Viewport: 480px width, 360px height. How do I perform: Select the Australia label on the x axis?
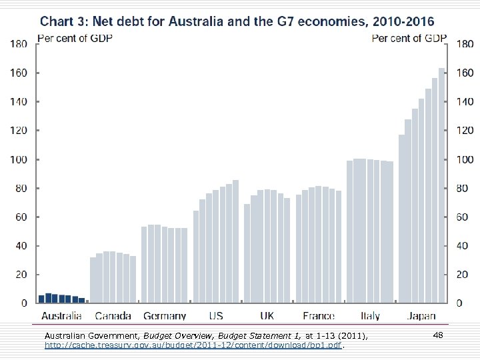click(62, 315)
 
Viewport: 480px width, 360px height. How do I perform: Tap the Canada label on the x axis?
click(113, 315)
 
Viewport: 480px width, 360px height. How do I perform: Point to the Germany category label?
click(164, 316)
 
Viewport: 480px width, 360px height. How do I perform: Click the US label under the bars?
click(216, 315)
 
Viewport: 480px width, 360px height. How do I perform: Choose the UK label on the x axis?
click(267, 315)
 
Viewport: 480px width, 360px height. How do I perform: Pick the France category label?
click(318, 315)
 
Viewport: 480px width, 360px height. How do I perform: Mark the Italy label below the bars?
click(370, 315)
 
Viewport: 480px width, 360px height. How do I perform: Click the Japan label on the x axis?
click(421, 315)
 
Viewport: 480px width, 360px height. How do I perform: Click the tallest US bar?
click(235, 241)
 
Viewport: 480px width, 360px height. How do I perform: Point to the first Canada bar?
click(93, 280)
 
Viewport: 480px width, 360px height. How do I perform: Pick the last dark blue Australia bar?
click(82, 300)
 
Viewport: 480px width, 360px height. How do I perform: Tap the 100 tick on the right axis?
click(465, 160)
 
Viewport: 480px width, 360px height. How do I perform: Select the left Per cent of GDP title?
click(74, 38)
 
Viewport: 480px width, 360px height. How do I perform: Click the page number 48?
click(438, 334)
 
